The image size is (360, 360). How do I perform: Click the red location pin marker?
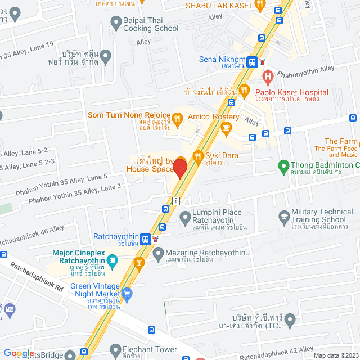click(179, 169)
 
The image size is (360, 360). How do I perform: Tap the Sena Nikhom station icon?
click(252, 61)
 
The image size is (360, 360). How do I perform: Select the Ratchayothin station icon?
click(145, 238)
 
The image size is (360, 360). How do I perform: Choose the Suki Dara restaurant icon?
click(197, 156)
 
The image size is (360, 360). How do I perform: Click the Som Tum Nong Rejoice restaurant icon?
click(177, 118)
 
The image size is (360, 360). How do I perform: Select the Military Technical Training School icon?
click(284, 215)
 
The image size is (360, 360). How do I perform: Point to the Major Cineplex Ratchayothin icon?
click(112, 260)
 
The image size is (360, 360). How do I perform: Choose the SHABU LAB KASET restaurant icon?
click(260, 6)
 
